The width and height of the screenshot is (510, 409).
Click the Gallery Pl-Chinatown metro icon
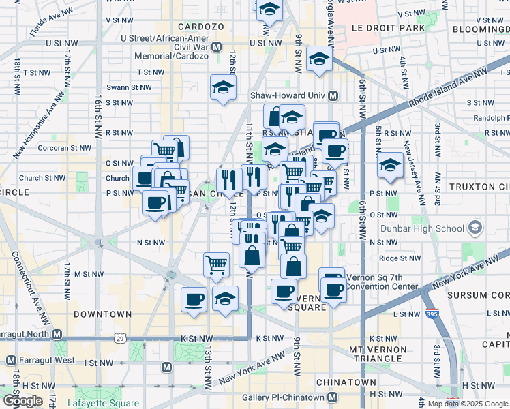333,397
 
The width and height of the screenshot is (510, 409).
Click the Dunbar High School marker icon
475,228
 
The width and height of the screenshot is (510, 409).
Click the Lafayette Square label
103,403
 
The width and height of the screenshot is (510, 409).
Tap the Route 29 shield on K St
121,339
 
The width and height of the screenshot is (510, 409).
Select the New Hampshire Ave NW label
40,123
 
